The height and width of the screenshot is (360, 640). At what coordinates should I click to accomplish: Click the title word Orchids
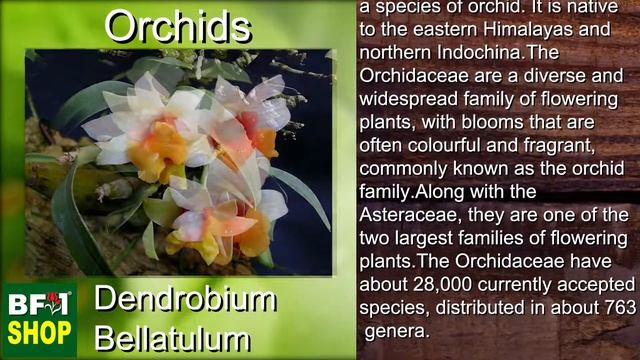click(178, 27)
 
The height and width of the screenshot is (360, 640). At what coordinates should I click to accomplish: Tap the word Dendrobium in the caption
click(185, 299)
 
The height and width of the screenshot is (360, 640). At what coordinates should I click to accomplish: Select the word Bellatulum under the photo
click(171, 336)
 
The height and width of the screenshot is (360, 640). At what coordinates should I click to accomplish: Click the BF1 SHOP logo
click(38, 318)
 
